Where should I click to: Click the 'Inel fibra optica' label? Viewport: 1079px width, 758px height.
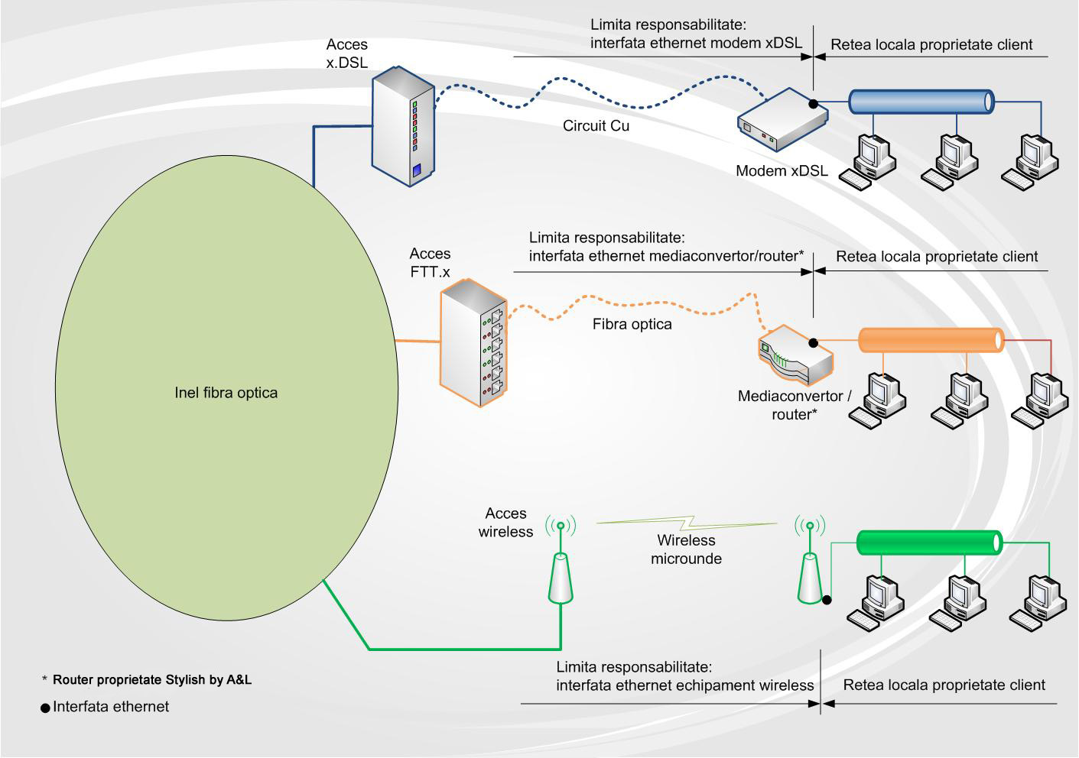[x=226, y=393]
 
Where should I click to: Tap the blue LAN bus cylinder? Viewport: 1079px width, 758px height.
[x=921, y=102]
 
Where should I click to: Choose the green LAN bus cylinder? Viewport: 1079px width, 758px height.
[x=928, y=542]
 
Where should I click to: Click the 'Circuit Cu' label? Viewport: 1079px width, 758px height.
[x=596, y=126]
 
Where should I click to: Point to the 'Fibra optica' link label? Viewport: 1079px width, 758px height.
[x=632, y=324]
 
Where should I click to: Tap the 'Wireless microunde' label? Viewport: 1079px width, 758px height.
[x=686, y=549]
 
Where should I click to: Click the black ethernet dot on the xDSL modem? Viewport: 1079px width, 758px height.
[x=814, y=103]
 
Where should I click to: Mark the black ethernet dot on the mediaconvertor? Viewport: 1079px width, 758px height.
[x=814, y=343]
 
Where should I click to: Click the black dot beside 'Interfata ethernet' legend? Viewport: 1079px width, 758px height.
[x=45, y=708]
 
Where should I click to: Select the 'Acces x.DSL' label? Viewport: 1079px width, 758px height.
[x=346, y=53]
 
